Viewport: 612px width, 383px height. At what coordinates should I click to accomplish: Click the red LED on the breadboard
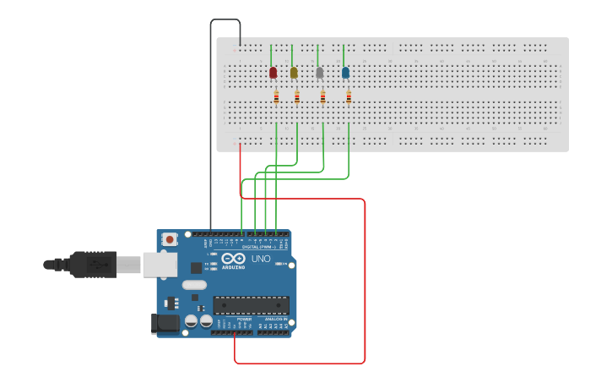coord(273,73)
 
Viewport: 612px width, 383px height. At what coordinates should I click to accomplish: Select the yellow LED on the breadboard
coord(294,73)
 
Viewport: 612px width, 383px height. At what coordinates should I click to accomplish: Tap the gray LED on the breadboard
coord(319,73)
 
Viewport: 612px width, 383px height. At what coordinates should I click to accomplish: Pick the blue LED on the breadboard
coord(345,73)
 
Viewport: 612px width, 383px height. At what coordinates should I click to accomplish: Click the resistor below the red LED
coord(276,98)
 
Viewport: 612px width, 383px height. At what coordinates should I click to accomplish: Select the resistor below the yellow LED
coord(297,98)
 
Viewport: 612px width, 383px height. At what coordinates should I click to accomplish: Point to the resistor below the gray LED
coord(323,98)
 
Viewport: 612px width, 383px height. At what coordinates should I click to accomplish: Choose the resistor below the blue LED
coord(349,98)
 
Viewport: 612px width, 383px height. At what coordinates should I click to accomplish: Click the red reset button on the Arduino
coord(170,239)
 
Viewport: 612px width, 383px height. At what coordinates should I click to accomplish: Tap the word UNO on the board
coord(261,259)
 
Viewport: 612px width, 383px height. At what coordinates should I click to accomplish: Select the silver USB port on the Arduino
coord(158,265)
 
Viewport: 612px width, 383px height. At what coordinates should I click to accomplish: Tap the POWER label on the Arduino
coord(233,319)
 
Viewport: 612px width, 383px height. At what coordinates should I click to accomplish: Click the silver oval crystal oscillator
coord(194,285)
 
